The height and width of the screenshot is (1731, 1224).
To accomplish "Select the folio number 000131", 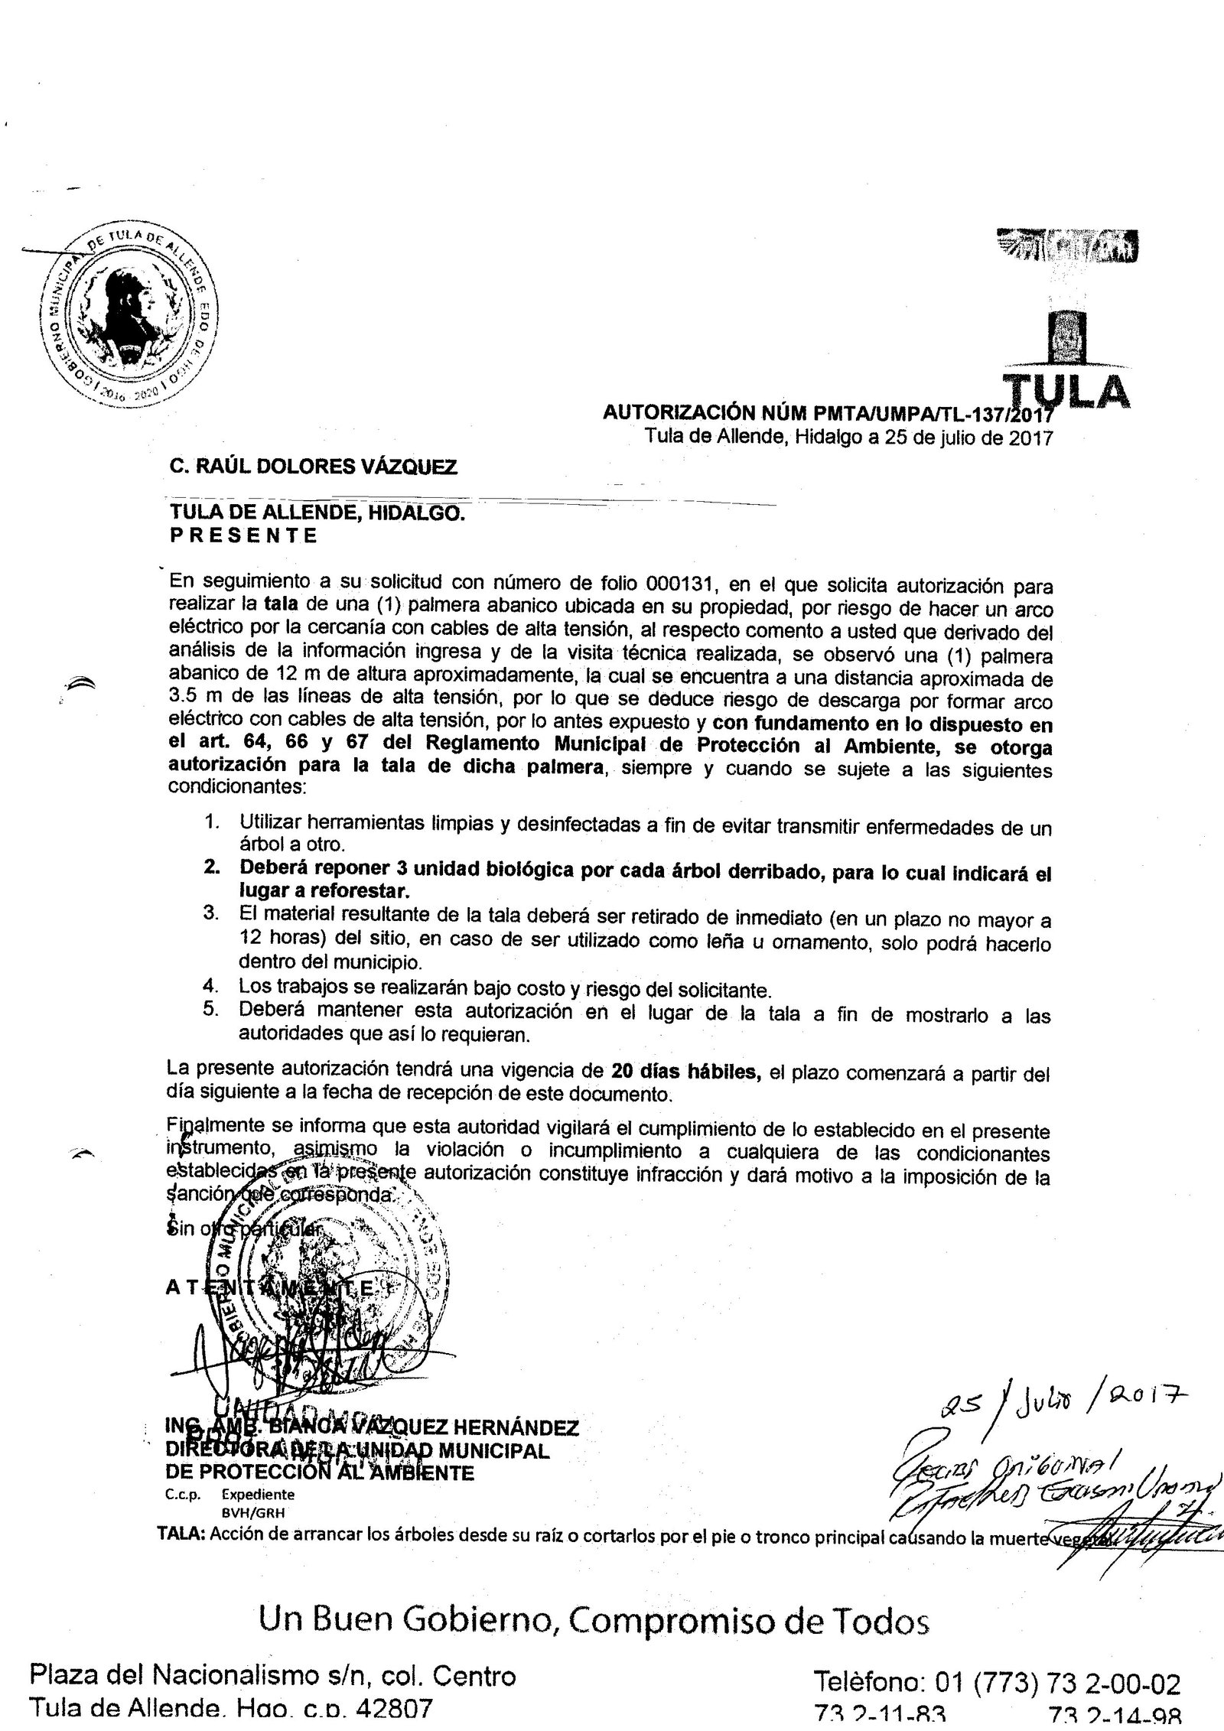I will [679, 587].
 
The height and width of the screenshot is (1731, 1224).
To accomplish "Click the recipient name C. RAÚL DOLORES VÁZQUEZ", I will [313, 466].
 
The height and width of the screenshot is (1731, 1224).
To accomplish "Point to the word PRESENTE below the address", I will [243, 535].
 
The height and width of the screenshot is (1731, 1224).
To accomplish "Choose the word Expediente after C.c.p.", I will [258, 1471].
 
